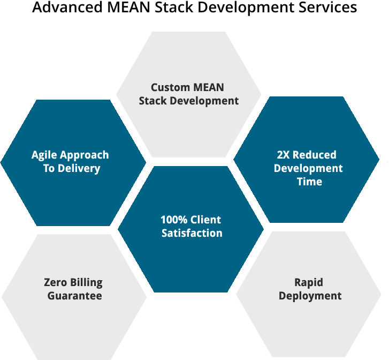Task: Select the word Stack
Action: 154,101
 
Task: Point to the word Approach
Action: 86,155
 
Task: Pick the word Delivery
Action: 79,169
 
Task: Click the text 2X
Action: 284,155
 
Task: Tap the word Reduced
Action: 315,155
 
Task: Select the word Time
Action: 309,182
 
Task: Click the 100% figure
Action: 173,220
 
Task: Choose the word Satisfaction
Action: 192,233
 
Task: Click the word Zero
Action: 55,282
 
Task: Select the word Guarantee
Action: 74,296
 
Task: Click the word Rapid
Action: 309,282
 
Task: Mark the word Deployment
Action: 310,296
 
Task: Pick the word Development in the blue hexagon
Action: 308,168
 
